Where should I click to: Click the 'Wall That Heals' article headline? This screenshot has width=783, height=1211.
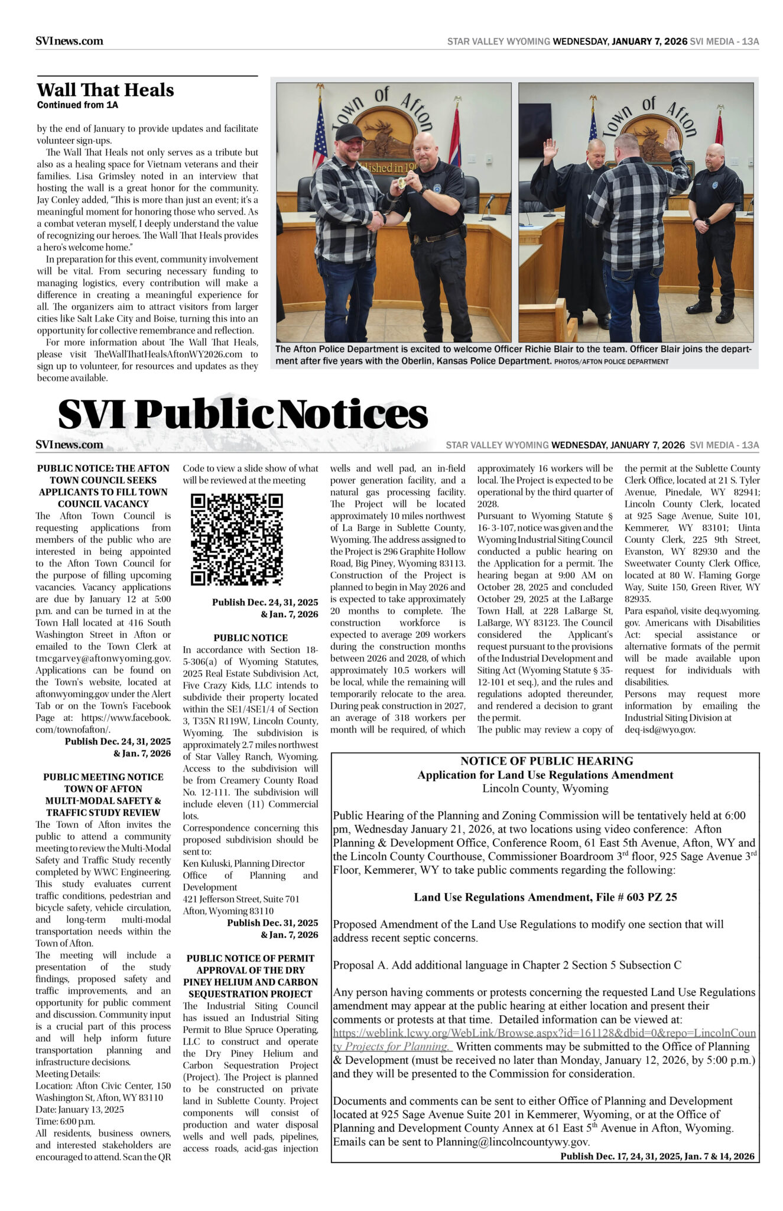pyautogui.click(x=105, y=90)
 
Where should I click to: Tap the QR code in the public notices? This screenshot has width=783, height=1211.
pyautogui.click(x=236, y=539)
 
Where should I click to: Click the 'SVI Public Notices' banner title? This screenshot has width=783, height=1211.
pyautogui.click(x=242, y=414)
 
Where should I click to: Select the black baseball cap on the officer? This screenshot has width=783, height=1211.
pyautogui.click(x=349, y=131)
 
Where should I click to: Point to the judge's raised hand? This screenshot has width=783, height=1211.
pyautogui.click(x=550, y=148)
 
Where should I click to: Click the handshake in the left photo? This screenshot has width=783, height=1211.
pyautogui.click(x=376, y=221)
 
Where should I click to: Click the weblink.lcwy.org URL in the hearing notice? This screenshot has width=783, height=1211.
pyautogui.click(x=544, y=1033)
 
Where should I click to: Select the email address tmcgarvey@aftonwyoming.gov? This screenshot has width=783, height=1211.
pyautogui.click(x=103, y=658)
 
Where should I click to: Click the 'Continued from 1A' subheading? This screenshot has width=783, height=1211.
pyautogui.click(x=77, y=105)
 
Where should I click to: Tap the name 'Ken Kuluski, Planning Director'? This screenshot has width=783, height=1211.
pyautogui.click(x=243, y=863)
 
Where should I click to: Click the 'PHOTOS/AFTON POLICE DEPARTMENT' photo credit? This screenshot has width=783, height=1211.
pyautogui.click(x=611, y=361)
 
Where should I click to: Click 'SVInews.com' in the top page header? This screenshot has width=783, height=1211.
pyautogui.click(x=69, y=41)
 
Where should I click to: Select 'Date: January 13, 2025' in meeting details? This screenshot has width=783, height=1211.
pyautogui.click(x=80, y=1109)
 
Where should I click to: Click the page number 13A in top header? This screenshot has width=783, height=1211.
pyautogui.click(x=750, y=41)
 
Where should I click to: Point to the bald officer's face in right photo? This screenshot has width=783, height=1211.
pyautogui.click(x=715, y=157)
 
